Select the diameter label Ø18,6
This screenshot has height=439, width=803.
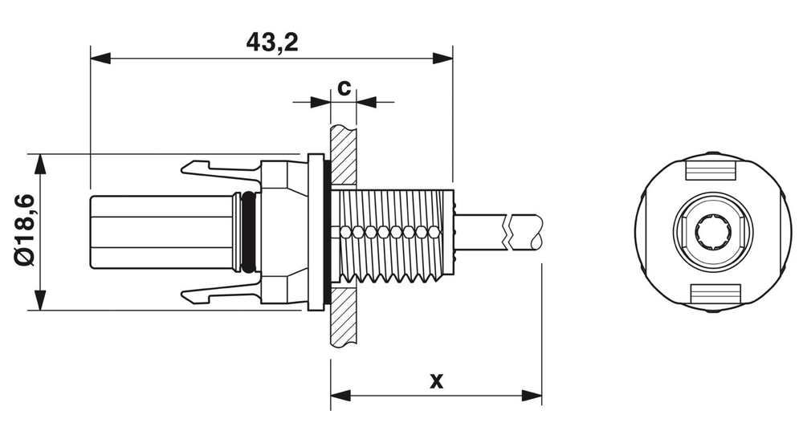click(x=23, y=231)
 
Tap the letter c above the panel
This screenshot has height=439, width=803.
click(x=343, y=87)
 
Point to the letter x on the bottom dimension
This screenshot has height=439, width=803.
click(x=436, y=380)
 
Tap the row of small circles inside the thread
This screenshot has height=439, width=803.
click(x=389, y=232)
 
